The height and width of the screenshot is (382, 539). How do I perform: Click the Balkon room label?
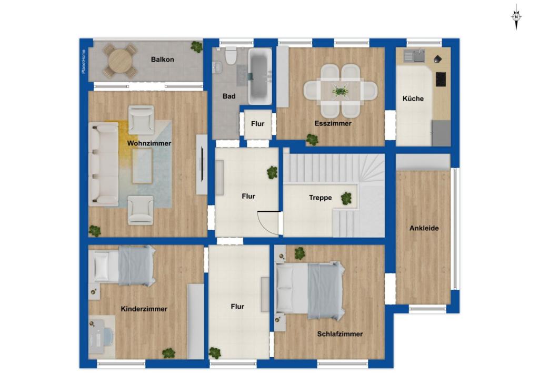coord(162,60)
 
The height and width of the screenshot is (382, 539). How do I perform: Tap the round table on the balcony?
coord(120,61)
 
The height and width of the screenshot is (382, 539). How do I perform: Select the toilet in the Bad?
coord(231,55)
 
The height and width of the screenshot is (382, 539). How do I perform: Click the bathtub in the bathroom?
coord(260,76)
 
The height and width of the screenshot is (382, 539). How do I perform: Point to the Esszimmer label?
coord(333,123)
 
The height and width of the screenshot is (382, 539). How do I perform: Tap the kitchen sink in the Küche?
coord(414,55)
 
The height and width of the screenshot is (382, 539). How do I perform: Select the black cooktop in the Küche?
coord(441,79)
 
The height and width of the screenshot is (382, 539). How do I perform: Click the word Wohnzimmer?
coord(149,143)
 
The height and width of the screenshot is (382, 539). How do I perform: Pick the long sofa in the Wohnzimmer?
coord(104,164)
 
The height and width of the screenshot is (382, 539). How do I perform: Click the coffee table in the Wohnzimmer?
coord(142,165)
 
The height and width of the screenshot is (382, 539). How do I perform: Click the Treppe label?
coord(320,198)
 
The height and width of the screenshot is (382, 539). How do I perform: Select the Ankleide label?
coord(424,228)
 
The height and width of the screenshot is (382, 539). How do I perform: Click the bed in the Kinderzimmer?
coord(122,266)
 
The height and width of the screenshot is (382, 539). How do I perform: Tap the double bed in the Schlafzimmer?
coord(310,290)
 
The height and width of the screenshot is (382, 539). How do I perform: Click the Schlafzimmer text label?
coord(340,334)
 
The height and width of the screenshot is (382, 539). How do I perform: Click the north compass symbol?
coord(516,16)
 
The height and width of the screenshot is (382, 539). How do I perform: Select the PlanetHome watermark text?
coord(83,61)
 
